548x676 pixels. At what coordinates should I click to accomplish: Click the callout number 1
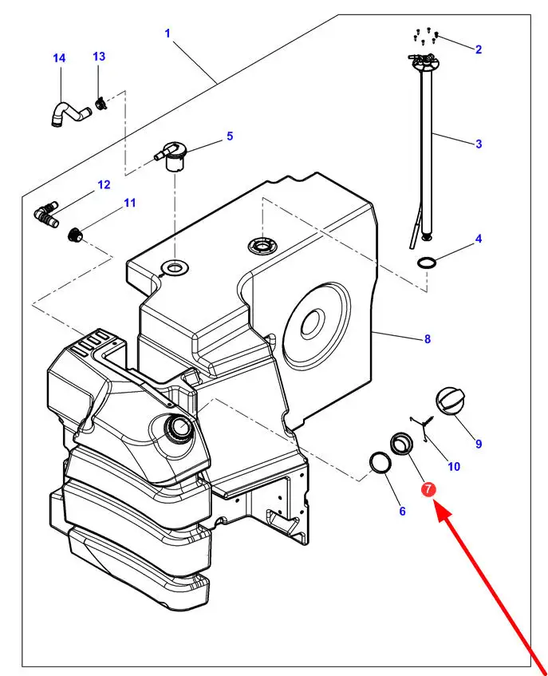[168, 33]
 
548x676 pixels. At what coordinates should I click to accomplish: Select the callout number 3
[479, 144]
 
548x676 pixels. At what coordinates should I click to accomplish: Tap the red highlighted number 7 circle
[429, 489]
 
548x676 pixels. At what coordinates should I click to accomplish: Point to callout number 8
[428, 338]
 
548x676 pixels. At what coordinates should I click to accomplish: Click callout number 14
[59, 58]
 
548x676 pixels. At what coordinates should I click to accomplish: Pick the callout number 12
[104, 185]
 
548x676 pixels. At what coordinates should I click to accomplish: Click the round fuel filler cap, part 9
[449, 400]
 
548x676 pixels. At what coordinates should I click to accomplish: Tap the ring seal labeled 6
[380, 463]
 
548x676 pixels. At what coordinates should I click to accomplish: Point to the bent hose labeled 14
[68, 113]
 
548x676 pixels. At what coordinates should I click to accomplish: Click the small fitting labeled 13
[101, 102]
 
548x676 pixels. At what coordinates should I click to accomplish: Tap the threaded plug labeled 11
[77, 234]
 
